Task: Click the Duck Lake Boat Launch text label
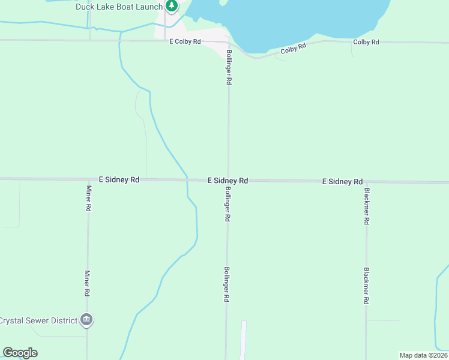(x=119, y=7)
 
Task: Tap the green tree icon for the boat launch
(x=172, y=6)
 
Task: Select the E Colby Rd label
(x=185, y=42)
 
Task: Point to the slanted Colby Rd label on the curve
(x=294, y=49)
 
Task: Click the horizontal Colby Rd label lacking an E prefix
(x=366, y=42)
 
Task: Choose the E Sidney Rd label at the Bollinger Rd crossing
(x=228, y=180)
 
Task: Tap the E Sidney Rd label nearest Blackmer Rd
(x=343, y=181)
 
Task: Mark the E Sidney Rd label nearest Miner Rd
(x=119, y=179)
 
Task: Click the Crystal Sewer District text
(x=38, y=320)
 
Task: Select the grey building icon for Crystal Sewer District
(x=87, y=320)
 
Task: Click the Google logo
(x=20, y=353)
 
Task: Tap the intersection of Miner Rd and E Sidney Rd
(x=88, y=179)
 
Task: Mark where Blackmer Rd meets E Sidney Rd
(x=366, y=181)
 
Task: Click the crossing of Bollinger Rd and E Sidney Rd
(x=228, y=180)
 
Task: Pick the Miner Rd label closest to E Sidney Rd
(x=88, y=198)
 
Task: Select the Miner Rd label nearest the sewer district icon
(x=88, y=284)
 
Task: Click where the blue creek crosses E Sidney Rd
(x=187, y=179)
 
